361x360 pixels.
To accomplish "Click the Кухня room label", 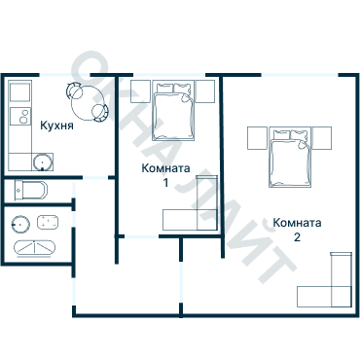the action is (56, 126).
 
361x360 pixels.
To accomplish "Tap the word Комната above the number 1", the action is (165, 168).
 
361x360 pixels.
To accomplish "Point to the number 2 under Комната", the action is (297, 237).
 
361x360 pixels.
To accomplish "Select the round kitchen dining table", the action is (88, 102).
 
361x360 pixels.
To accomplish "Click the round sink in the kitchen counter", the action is (43, 162).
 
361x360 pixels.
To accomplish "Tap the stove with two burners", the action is (20, 116).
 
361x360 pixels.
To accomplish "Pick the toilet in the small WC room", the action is (31, 191).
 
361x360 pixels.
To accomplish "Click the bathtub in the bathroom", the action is (35, 248).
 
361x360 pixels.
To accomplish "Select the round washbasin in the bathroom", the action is (20, 225).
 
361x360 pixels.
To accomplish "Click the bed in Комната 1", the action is (173, 111).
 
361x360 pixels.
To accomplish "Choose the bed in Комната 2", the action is (290, 158).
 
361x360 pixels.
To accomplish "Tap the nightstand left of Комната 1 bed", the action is (140, 91).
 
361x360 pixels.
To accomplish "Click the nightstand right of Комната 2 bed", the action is (322, 138).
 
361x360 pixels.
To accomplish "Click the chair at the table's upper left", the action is (74, 90).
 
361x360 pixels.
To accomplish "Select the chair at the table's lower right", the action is (100, 113).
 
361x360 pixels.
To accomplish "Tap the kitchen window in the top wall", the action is (64, 75).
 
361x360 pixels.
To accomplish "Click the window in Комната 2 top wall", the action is (300, 75).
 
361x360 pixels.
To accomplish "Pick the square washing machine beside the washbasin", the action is (48, 223).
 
